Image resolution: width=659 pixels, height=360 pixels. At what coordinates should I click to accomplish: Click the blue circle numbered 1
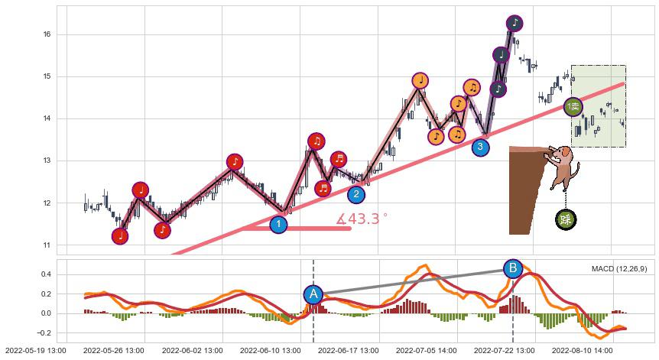pos(279,225)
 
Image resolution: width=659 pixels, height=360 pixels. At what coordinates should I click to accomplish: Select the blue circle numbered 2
pos(356,194)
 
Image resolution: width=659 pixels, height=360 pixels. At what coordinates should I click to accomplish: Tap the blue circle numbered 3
pos(480,147)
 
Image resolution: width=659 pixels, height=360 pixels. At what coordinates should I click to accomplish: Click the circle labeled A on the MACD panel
pos(313,294)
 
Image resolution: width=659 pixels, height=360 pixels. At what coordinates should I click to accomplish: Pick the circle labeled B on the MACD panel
pos(513,268)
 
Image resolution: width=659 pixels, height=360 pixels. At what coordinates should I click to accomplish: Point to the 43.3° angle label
pos(362,219)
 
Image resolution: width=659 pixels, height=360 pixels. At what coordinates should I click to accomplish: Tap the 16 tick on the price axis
pos(47,34)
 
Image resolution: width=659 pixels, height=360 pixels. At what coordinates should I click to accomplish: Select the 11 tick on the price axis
pos(47,245)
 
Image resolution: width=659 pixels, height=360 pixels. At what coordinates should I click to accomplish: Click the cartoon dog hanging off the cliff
pos(563,168)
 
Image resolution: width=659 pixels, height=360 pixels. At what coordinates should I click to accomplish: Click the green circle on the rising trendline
pos(573,107)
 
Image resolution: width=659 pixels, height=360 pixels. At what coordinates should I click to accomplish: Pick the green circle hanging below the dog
pos(566,220)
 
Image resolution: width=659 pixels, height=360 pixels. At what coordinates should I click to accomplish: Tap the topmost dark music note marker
pos(515,23)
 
